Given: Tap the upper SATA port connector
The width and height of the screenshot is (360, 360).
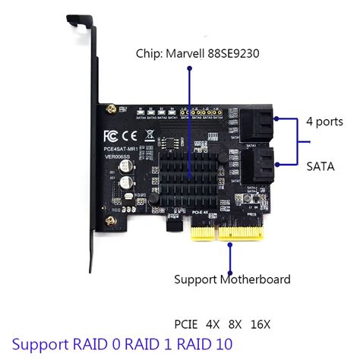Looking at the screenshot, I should click(x=261, y=123).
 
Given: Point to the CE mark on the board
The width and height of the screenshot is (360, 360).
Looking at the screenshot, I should click(x=131, y=137).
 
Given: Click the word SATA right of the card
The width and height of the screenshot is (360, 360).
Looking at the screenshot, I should click(x=319, y=165).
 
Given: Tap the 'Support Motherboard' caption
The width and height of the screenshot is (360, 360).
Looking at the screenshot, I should click(x=232, y=279).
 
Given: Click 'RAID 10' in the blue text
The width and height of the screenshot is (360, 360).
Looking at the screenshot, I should click(x=201, y=344).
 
